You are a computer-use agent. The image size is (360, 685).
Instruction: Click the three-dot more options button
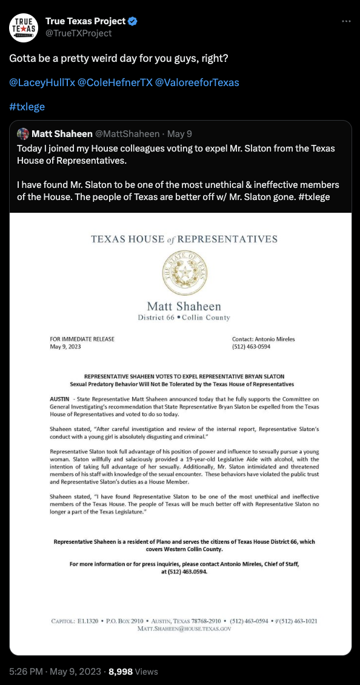346,21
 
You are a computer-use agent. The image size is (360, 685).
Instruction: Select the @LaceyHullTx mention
41,82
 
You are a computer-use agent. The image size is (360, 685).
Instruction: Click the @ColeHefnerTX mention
115,82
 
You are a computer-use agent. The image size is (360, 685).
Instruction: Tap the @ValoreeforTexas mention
198,82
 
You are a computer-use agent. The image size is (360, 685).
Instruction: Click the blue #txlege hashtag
27,107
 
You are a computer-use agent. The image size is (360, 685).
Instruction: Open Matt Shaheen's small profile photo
23,133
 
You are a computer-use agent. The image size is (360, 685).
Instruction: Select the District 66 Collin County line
184,318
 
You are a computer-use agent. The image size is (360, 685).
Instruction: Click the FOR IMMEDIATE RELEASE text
82,339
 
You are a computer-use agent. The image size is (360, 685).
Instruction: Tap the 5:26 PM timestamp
25,671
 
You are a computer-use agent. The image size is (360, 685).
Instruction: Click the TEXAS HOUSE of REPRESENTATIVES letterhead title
184,239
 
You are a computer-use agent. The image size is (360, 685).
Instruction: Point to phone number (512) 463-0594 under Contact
251,347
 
